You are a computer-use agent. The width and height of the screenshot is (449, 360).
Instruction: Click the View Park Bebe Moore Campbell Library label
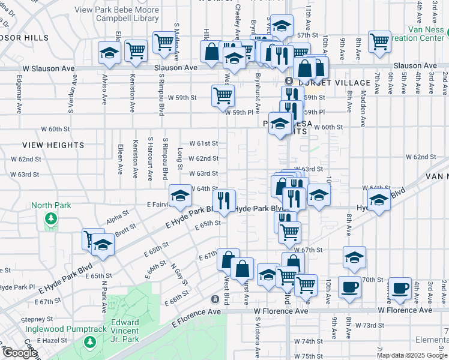point(117,14)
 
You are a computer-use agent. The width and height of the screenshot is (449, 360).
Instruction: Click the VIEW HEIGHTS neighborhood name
point(53,145)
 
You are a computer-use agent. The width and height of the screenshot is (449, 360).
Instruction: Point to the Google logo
point(19,353)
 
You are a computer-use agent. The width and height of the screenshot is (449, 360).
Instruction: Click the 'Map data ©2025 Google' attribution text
point(412,355)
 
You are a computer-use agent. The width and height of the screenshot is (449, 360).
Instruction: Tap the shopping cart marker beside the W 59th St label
point(223,95)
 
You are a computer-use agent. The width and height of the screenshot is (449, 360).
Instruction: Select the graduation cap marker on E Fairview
point(180,195)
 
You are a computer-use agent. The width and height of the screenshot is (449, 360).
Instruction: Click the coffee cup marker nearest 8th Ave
point(349,286)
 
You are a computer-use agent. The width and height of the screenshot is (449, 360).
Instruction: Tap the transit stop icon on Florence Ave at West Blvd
point(215,299)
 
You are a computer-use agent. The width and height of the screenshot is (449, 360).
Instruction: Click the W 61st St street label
point(203,143)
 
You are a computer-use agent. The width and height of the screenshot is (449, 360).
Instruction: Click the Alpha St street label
point(117,214)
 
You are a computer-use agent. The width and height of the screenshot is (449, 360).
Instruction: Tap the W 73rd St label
point(369,325)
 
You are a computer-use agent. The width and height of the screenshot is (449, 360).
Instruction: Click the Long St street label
point(179,159)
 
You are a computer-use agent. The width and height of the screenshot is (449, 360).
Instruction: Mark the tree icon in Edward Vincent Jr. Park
point(90,342)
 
